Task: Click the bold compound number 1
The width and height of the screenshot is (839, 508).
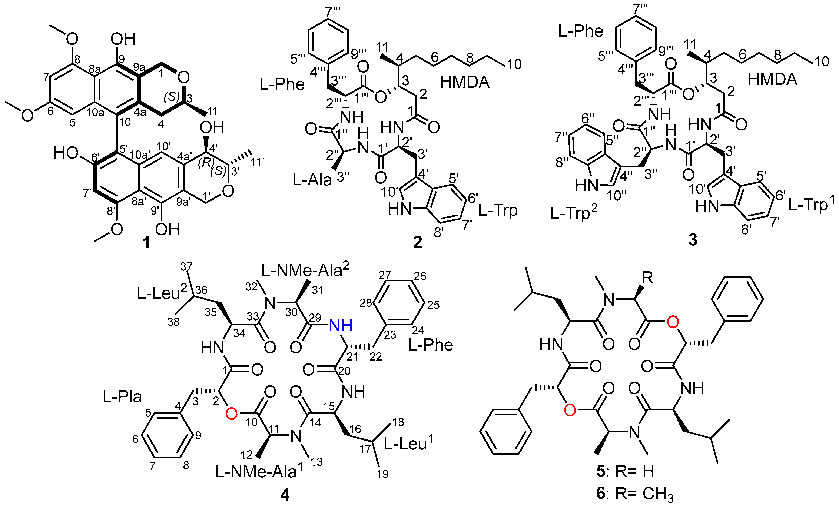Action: pos(146,243)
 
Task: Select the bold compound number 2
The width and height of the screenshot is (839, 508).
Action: pos(417,242)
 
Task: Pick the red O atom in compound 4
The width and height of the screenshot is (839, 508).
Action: pos(231,414)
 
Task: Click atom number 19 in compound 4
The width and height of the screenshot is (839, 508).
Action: pos(383,474)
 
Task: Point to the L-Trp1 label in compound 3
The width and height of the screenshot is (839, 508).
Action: pos(812,205)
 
